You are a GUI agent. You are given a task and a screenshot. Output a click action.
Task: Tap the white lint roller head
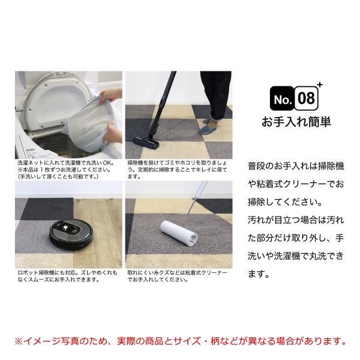(x=178, y=231)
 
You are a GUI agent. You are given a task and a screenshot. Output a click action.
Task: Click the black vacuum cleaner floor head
(x=146, y=142)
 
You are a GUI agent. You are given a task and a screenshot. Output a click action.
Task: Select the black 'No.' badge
(x=282, y=98)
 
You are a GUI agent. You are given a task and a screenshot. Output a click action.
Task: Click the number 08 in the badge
(x=306, y=98)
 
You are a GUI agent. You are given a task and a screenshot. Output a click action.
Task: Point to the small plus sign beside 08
(x=320, y=85)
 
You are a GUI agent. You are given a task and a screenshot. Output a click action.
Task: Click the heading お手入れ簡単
(x=296, y=122)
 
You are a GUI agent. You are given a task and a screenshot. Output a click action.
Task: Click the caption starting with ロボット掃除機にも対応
(x=67, y=276)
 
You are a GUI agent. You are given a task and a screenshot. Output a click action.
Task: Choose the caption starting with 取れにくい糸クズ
(x=177, y=276)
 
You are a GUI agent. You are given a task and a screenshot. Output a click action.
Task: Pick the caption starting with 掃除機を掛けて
(x=177, y=170)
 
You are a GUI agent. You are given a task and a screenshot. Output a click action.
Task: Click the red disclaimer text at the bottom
(x=180, y=341)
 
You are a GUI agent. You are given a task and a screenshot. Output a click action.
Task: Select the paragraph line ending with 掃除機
(x=296, y=166)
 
